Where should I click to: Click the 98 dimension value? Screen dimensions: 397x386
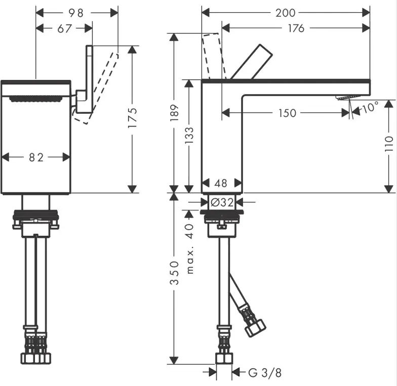[x=76, y=13]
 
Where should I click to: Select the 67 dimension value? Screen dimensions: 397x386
[x=65, y=28]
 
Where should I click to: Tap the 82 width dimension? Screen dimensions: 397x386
[x=36, y=157]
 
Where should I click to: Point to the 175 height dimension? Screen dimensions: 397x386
[x=133, y=117]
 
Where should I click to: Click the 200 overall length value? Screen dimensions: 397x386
[x=286, y=13]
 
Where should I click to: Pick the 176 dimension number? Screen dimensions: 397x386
[x=296, y=28]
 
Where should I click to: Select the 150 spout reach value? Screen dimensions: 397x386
[x=288, y=113]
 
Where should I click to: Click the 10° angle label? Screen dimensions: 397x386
[x=370, y=107]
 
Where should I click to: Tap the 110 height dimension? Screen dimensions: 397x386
[x=389, y=144]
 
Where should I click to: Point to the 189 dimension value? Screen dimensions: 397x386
[x=174, y=113]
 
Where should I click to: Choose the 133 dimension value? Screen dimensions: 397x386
[x=189, y=136]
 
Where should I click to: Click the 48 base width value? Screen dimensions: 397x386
[x=221, y=183]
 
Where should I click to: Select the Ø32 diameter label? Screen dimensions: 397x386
[x=222, y=202]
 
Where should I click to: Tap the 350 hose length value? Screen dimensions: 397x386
[x=174, y=273]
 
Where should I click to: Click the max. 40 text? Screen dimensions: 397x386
[x=189, y=249]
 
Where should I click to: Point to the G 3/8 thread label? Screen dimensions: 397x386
[x=265, y=372]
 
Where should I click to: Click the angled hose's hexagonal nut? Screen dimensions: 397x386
[x=255, y=328]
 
